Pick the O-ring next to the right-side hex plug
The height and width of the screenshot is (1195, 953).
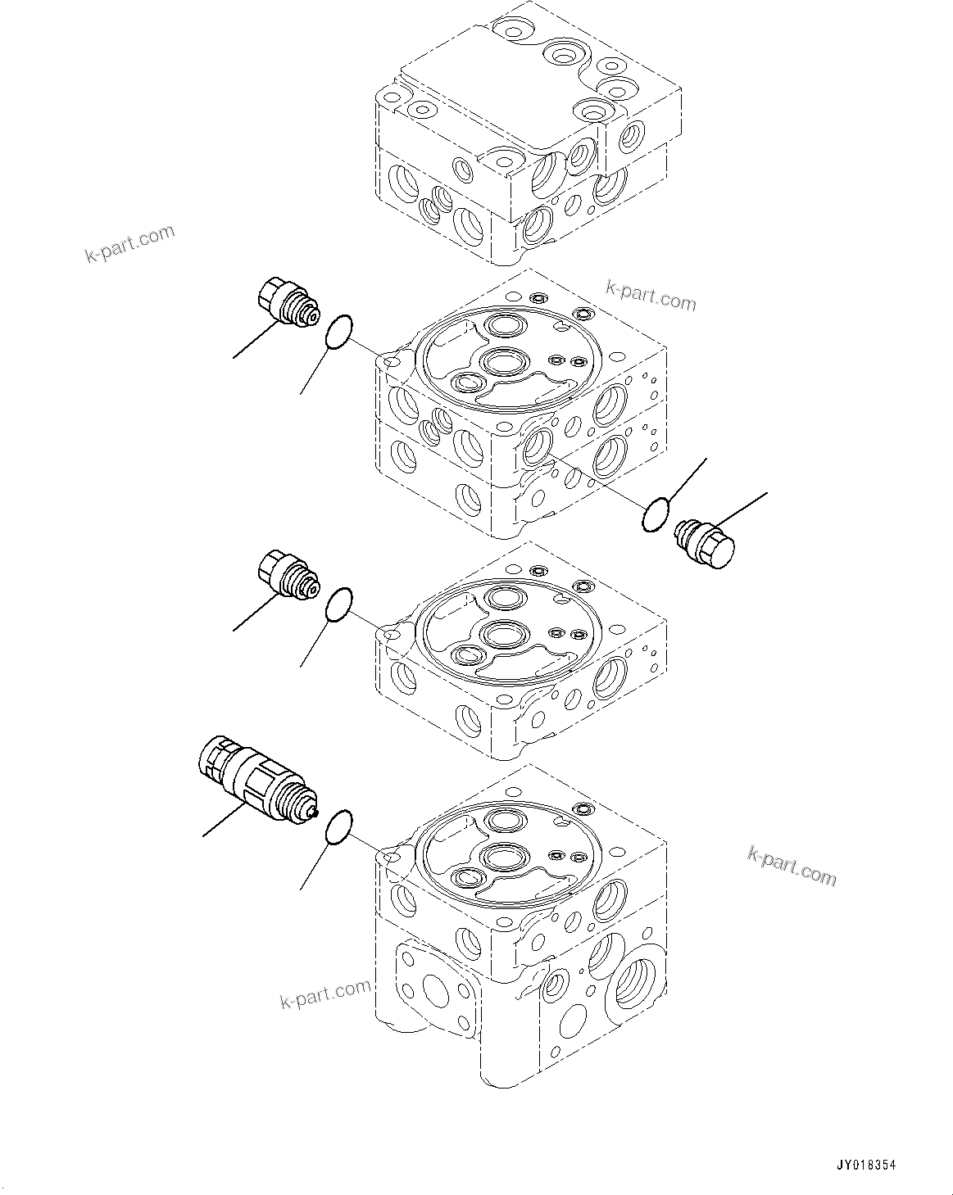(x=656, y=516)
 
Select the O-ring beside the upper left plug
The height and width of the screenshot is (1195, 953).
(x=339, y=333)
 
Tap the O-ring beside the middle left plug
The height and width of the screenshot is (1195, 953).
(x=339, y=604)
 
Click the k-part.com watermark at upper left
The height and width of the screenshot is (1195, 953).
(x=129, y=244)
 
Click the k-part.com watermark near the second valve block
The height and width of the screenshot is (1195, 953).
(x=651, y=296)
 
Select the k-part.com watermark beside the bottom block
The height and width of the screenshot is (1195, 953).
(x=324, y=994)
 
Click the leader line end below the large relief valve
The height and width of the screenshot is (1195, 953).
(x=204, y=836)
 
